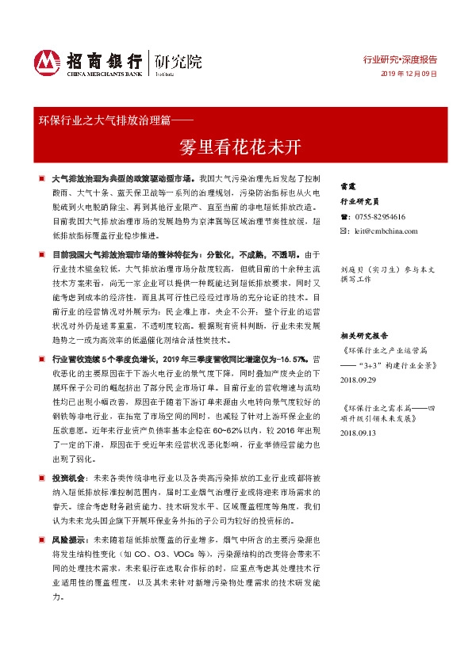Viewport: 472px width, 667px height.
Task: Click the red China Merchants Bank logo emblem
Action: (48, 61)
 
